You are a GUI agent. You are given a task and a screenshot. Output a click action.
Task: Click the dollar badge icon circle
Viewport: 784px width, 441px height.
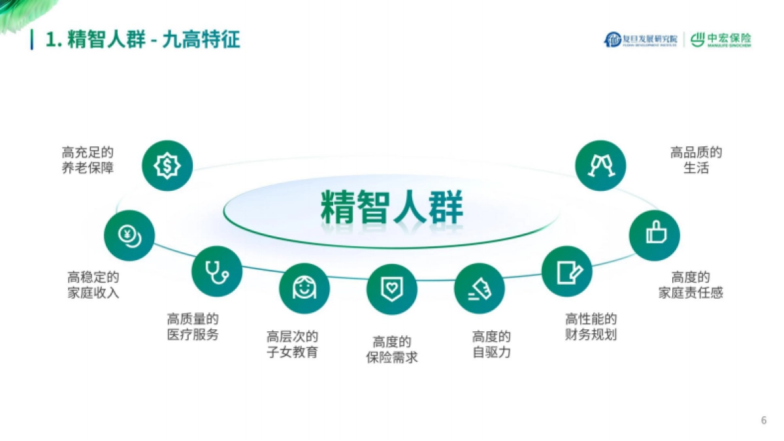point(167,165)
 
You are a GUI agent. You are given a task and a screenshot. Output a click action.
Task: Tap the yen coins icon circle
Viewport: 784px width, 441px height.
point(129,235)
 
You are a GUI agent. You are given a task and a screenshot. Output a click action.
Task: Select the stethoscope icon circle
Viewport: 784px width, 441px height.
point(217,271)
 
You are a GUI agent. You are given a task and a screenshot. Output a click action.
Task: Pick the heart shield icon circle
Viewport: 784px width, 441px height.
point(391,289)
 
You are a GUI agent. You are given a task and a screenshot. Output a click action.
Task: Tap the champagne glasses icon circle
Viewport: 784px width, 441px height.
point(600,165)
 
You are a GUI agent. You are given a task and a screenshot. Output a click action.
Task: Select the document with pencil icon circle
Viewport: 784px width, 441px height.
point(567,271)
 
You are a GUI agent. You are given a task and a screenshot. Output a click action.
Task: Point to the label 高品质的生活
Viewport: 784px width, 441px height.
point(696,160)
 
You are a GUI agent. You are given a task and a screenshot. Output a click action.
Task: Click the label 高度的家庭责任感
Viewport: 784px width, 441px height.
point(691,285)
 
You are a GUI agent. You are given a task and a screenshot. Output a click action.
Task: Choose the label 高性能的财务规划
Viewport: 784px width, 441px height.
point(591,327)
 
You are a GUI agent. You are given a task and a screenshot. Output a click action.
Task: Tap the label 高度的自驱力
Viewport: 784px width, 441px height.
point(491,344)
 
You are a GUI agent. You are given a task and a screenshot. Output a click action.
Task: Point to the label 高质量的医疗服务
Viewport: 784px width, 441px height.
point(193,327)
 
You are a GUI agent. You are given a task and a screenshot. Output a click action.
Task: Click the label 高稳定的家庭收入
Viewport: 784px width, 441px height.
point(93,285)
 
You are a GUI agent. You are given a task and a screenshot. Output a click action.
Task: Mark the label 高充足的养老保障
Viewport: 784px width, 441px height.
point(88,160)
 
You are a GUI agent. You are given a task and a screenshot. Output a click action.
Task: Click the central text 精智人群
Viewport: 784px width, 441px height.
point(391,208)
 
